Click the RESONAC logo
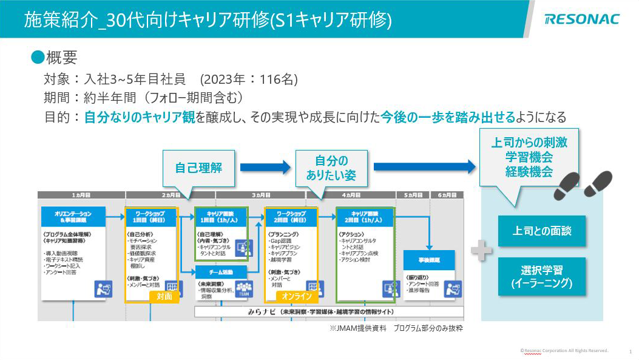pyautogui.click(x=582, y=19)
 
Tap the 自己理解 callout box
pyautogui.click(x=198, y=168)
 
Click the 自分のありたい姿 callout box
pyautogui.click(x=331, y=168)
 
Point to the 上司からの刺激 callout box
pyautogui.click(x=529, y=157)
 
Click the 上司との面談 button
pyautogui.click(x=542, y=231)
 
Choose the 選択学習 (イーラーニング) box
pyautogui.click(x=542, y=276)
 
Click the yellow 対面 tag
pyautogui.click(x=164, y=296)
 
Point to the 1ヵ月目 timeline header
pyautogui.click(x=81, y=195)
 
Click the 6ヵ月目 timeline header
pyautogui.click(x=447, y=195)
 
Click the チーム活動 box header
pyautogui.click(x=221, y=271)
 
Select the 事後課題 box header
pyautogui.click(x=429, y=259)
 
